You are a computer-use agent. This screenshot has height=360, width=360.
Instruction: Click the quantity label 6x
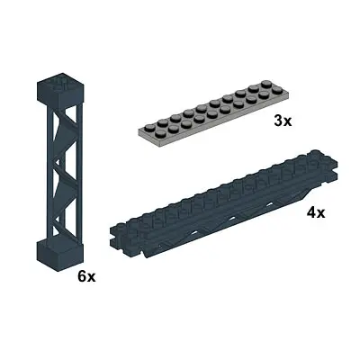point(86,276)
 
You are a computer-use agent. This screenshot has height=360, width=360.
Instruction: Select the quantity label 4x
point(315,213)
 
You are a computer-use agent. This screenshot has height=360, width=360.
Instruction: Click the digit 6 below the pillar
point(81,276)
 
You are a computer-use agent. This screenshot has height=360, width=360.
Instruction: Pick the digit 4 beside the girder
point(310,213)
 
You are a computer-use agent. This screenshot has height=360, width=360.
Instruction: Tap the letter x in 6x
point(92,277)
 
